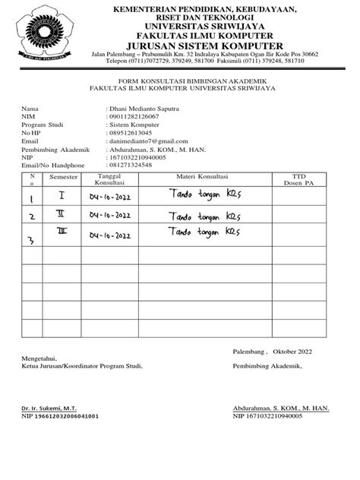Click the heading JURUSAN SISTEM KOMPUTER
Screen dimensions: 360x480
205,45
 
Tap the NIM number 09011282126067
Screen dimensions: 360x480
134,116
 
